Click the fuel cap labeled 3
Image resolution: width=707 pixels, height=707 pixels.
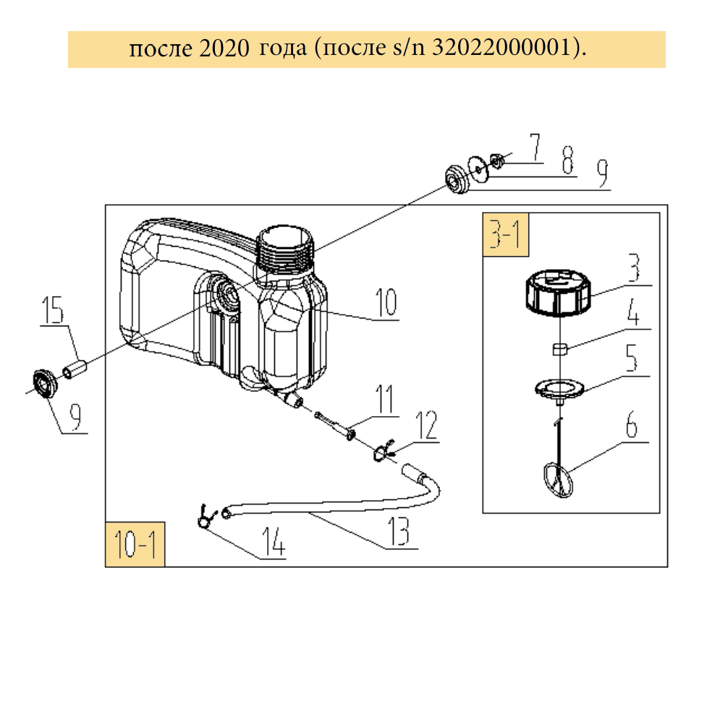pos(558,292)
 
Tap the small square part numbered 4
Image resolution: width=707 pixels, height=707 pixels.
pos(559,349)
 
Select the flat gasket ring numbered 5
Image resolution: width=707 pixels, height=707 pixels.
pos(559,389)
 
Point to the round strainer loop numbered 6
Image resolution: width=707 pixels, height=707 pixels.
pos(558,480)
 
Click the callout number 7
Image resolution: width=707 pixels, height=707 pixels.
pos(535,147)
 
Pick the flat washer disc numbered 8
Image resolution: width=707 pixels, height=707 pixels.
pos(478,169)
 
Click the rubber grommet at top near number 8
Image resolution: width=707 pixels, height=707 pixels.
pos(457,179)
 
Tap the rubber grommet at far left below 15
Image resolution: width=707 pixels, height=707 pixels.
pos(45,384)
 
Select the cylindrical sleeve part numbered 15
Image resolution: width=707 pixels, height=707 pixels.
pos(75,368)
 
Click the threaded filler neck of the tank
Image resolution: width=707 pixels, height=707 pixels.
pos(284,250)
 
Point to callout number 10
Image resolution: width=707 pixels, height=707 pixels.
pos(386,302)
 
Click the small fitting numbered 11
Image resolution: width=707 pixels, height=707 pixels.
pos(334,425)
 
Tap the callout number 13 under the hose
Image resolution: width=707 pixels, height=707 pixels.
pos(398,531)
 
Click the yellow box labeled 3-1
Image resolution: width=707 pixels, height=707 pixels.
pos(505,234)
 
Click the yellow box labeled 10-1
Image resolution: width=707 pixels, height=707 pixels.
pos(135,544)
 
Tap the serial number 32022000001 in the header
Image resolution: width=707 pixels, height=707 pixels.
pos(501,47)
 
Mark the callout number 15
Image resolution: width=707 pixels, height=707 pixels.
pos(53,310)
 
